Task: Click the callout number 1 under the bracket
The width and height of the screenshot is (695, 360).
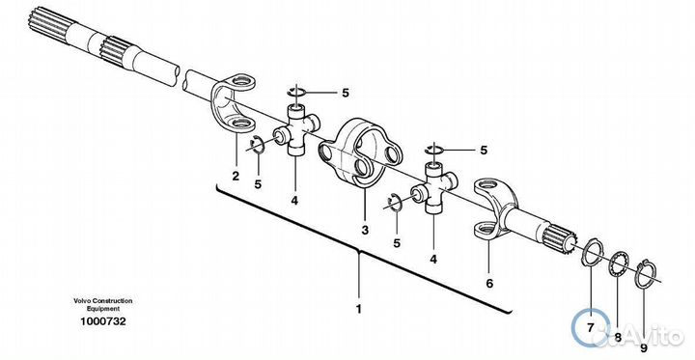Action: coord(358,309)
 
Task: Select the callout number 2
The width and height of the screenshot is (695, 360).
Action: coord(236,176)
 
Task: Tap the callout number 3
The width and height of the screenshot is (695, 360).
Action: coord(364,230)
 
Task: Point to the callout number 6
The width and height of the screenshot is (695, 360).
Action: coord(489,284)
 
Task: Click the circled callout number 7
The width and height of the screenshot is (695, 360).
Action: coord(590,328)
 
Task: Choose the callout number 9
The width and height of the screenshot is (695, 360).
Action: coord(643,348)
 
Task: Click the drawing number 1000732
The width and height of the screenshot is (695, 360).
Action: coord(103,321)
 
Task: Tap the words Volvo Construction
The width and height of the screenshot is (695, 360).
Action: coord(103,301)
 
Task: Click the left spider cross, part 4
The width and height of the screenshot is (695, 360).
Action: coord(295,130)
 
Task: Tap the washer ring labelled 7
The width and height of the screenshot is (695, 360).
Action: coord(592,253)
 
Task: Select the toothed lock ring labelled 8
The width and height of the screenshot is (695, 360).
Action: coord(619,265)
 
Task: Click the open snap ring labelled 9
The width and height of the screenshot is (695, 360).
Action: coord(646,278)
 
